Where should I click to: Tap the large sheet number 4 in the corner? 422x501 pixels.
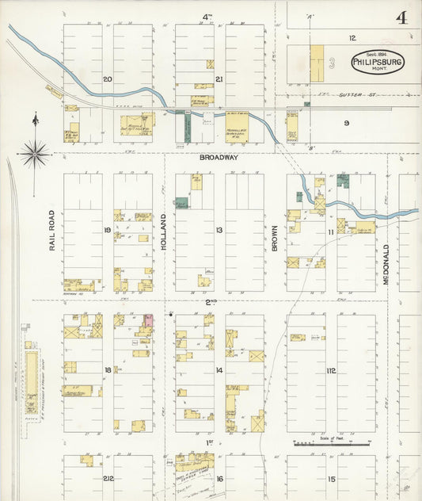[x=401, y=18]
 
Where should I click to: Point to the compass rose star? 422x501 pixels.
[x=35, y=152]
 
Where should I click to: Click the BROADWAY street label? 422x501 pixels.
[x=219, y=158]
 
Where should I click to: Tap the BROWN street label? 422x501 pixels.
[x=276, y=237]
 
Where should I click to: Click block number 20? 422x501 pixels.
[x=108, y=78]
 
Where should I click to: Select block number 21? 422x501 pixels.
[x=219, y=78]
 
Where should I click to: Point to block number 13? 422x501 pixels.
[x=219, y=231]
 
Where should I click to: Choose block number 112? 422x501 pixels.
[x=331, y=370]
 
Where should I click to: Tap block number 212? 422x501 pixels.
[x=108, y=478]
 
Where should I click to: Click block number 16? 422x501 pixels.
[x=219, y=478]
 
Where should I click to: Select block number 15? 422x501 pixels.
[x=331, y=478]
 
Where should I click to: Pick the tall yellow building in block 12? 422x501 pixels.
[x=317, y=62]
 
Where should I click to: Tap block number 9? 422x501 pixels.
[x=346, y=122]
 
